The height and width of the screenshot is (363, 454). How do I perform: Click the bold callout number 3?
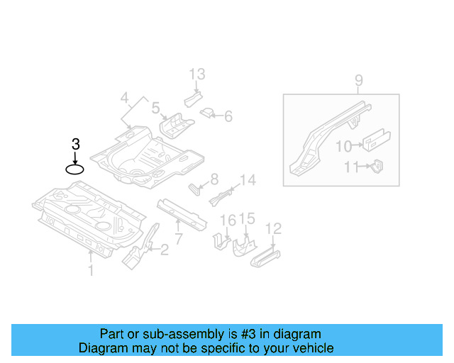(x=75, y=144)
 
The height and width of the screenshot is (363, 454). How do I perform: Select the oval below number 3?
(x=75, y=169)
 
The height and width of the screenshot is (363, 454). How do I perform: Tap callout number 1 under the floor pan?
(x=90, y=269)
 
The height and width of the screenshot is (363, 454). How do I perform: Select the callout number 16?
(x=226, y=220)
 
